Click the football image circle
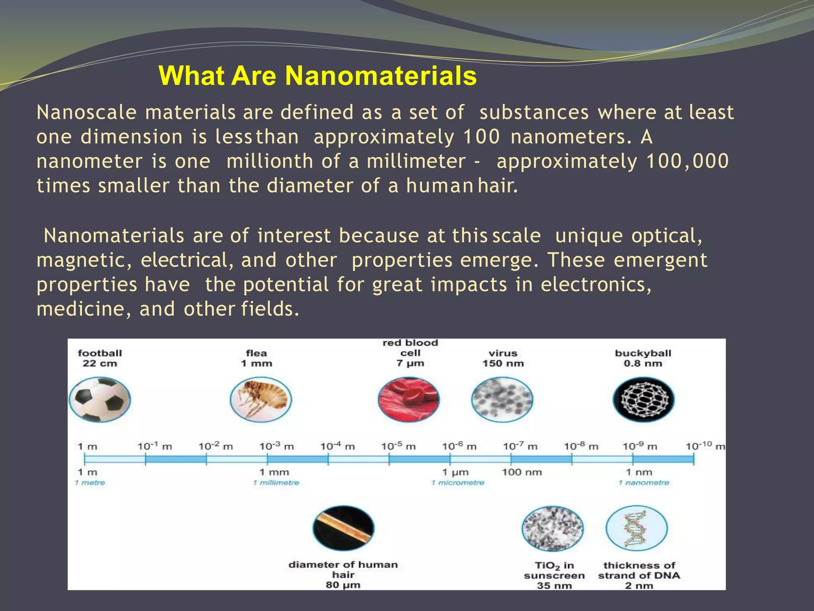click(100, 399)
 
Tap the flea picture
click(261, 399)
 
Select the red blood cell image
click(409, 399)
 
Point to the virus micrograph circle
click(502, 399)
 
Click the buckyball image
click(643, 399)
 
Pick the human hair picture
click(343, 528)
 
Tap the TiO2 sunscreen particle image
click(552, 528)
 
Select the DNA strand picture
click(636, 528)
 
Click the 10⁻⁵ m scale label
click(398, 446)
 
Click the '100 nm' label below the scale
click(521, 472)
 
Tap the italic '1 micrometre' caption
click(458, 483)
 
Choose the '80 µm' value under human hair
click(343, 585)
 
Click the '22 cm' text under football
click(100, 363)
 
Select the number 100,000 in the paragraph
click(687, 162)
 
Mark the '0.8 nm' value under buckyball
click(643, 363)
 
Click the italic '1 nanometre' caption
click(643, 483)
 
